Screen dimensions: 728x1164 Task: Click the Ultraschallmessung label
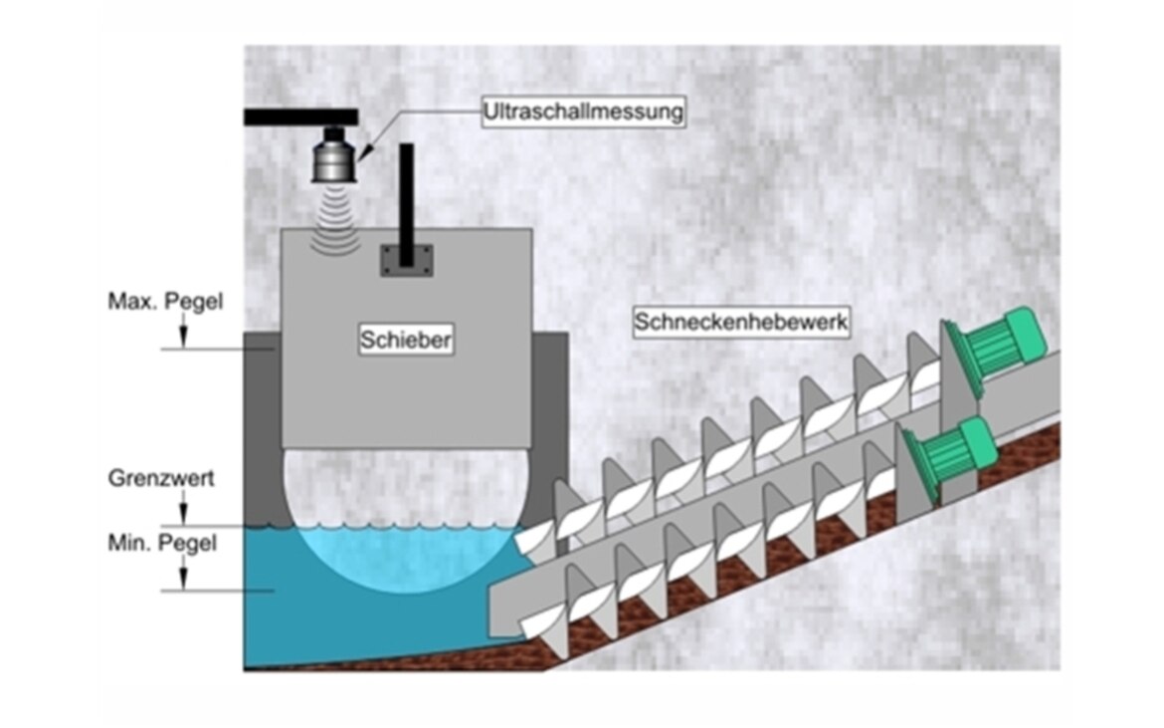coord(584,111)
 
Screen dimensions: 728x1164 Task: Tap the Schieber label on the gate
coord(407,341)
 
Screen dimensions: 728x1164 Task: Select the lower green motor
coord(955,454)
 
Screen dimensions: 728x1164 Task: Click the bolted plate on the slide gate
coord(406,259)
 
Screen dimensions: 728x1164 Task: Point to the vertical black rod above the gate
coord(406,193)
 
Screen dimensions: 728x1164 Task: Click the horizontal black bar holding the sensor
coord(300,117)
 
